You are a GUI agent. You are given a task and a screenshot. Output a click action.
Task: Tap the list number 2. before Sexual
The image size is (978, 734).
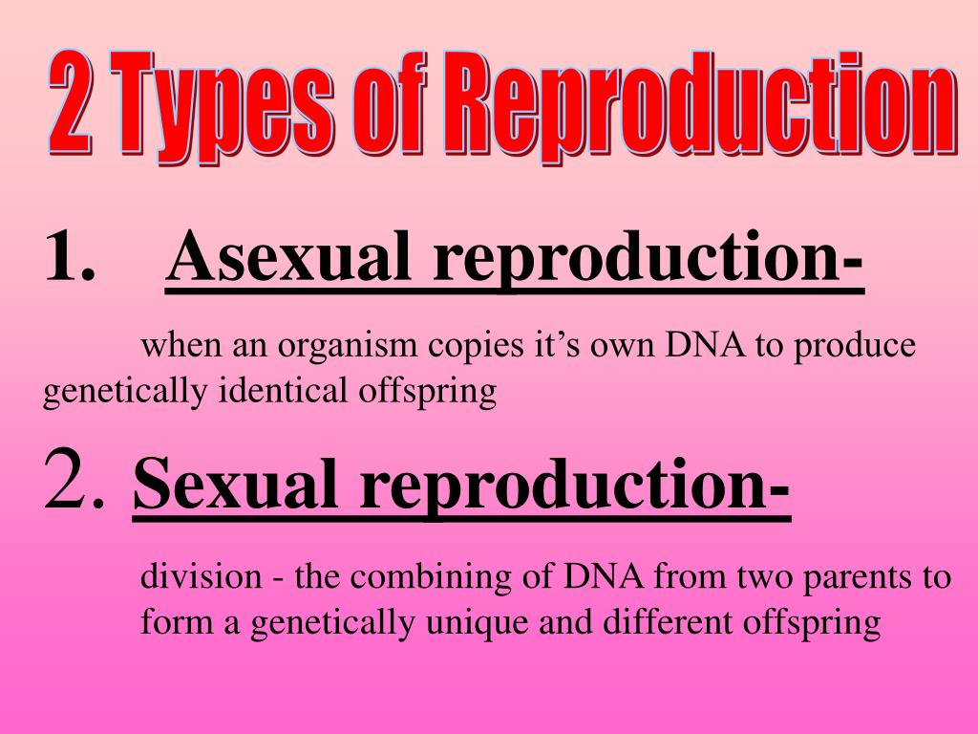(74, 484)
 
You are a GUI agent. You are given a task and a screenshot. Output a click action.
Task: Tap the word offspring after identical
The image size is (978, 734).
(436, 393)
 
